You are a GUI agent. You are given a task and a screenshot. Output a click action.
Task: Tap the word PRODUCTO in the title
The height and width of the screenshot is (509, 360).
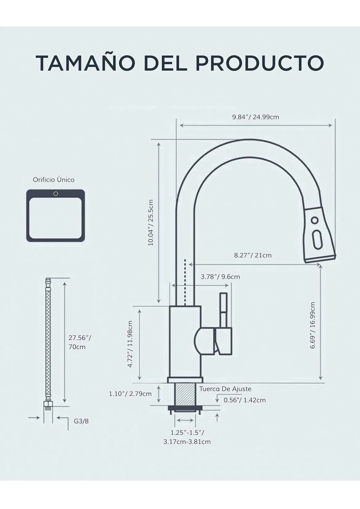click(260, 63)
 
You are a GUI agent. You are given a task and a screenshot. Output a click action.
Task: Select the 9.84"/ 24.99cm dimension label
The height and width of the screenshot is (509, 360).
click(255, 117)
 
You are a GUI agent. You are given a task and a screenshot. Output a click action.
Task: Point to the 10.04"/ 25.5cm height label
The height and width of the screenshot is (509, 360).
click(151, 222)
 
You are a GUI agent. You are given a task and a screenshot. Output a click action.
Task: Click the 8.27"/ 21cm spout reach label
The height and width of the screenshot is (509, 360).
click(253, 255)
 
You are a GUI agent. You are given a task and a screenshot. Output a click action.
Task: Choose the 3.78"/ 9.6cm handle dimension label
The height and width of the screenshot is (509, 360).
click(220, 277)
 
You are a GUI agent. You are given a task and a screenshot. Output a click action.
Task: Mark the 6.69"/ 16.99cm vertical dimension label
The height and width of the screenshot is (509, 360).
click(313, 325)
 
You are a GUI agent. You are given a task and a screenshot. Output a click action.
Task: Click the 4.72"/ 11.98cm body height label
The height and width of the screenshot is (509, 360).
click(130, 344)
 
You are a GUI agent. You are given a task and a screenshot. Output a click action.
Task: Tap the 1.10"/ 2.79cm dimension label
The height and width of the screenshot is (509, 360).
click(130, 394)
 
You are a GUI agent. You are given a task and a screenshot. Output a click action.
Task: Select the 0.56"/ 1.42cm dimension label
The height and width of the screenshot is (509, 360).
click(245, 400)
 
